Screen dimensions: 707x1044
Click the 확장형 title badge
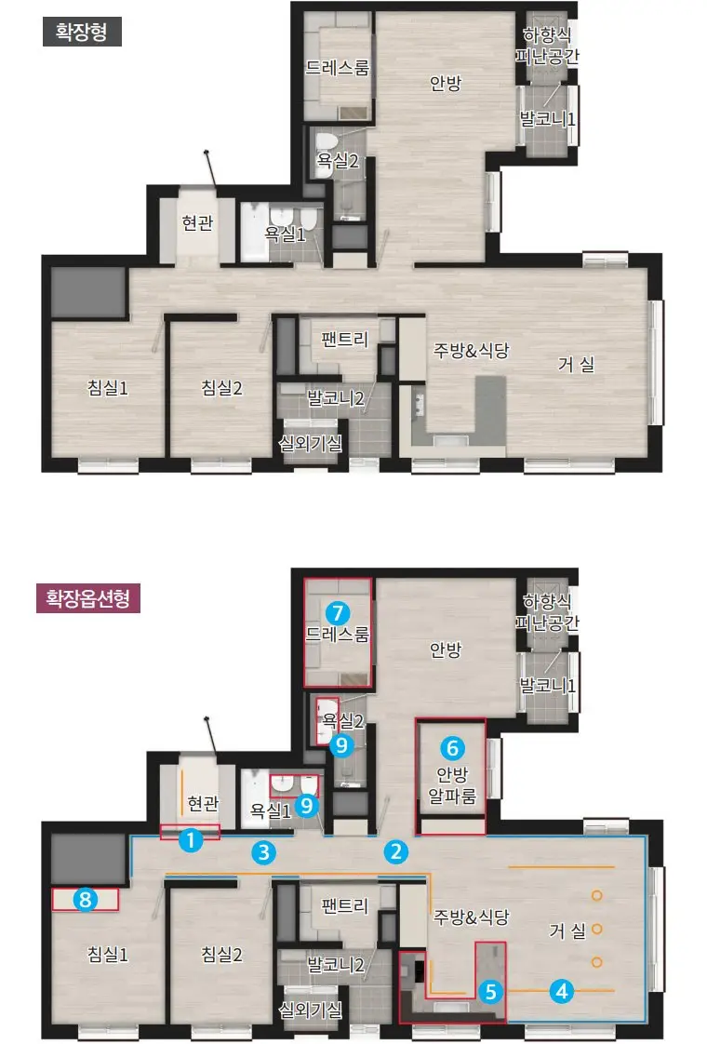click(82, 32)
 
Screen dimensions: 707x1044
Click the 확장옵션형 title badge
click(87, 598)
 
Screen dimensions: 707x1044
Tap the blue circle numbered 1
click(191, 839)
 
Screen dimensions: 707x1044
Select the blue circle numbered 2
click(395, 850)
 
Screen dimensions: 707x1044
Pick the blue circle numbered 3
click(263, 851)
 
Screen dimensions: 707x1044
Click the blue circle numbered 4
click(561, 991)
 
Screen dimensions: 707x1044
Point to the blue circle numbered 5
click(490, 991)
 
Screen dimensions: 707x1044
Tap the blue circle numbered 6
click(452, 748)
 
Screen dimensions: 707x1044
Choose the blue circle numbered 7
click(338, 612)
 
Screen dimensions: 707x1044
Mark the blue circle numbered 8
click(86, 900)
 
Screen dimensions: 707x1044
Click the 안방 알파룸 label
click(452, 785)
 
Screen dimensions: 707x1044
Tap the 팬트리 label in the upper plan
click(344, 339)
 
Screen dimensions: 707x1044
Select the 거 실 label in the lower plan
click(567, 930)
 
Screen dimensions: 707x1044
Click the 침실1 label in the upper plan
click(108, 387)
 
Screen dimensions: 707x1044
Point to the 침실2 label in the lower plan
click(221, 954)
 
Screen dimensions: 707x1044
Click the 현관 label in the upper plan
click(198, 222)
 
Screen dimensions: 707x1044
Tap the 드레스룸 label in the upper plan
click(338, 67)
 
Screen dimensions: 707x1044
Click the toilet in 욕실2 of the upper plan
click(327, 145)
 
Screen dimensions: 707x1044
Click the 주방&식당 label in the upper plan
click(472, 350)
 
